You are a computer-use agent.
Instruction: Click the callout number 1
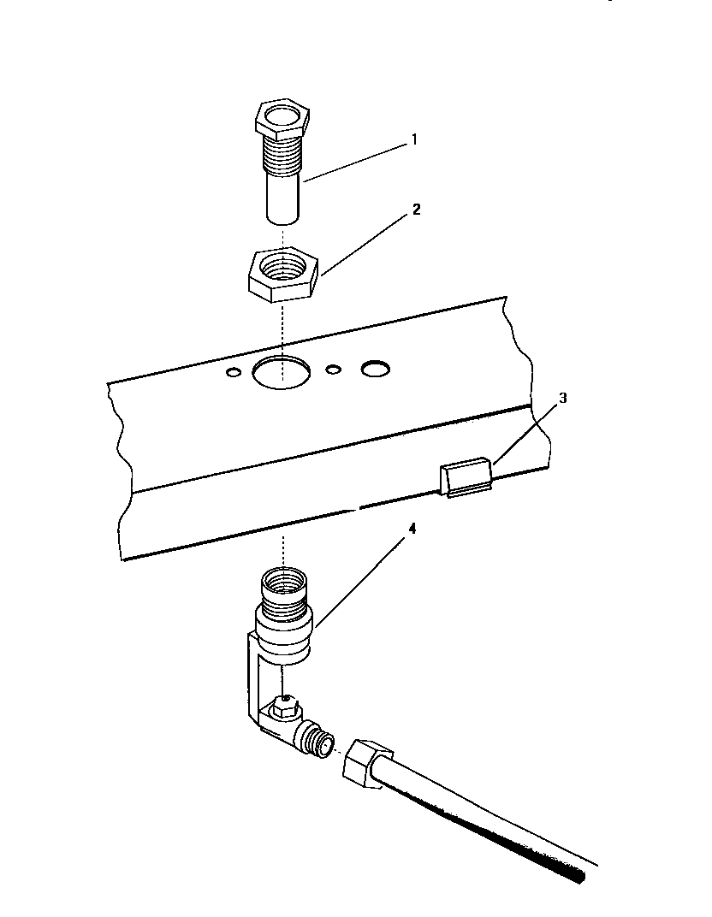pyautogui.click(x=414, y=139)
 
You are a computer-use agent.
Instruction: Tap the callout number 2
pyautogui.click(x=416, y=209)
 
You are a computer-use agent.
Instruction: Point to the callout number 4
pyautogui.click(x=412, y=528)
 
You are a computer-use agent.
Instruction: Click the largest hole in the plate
pyautogui.click(x=280, y=373)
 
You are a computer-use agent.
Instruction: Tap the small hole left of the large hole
pyautogui.click(x=233, y=372)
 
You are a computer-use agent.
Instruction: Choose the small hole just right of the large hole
pyautogui.click(x=334, y=369)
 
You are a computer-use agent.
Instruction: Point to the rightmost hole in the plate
pyautogui.click(x=375, y=368)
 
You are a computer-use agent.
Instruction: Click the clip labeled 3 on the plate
pyautogui.click(x=467, y=476)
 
